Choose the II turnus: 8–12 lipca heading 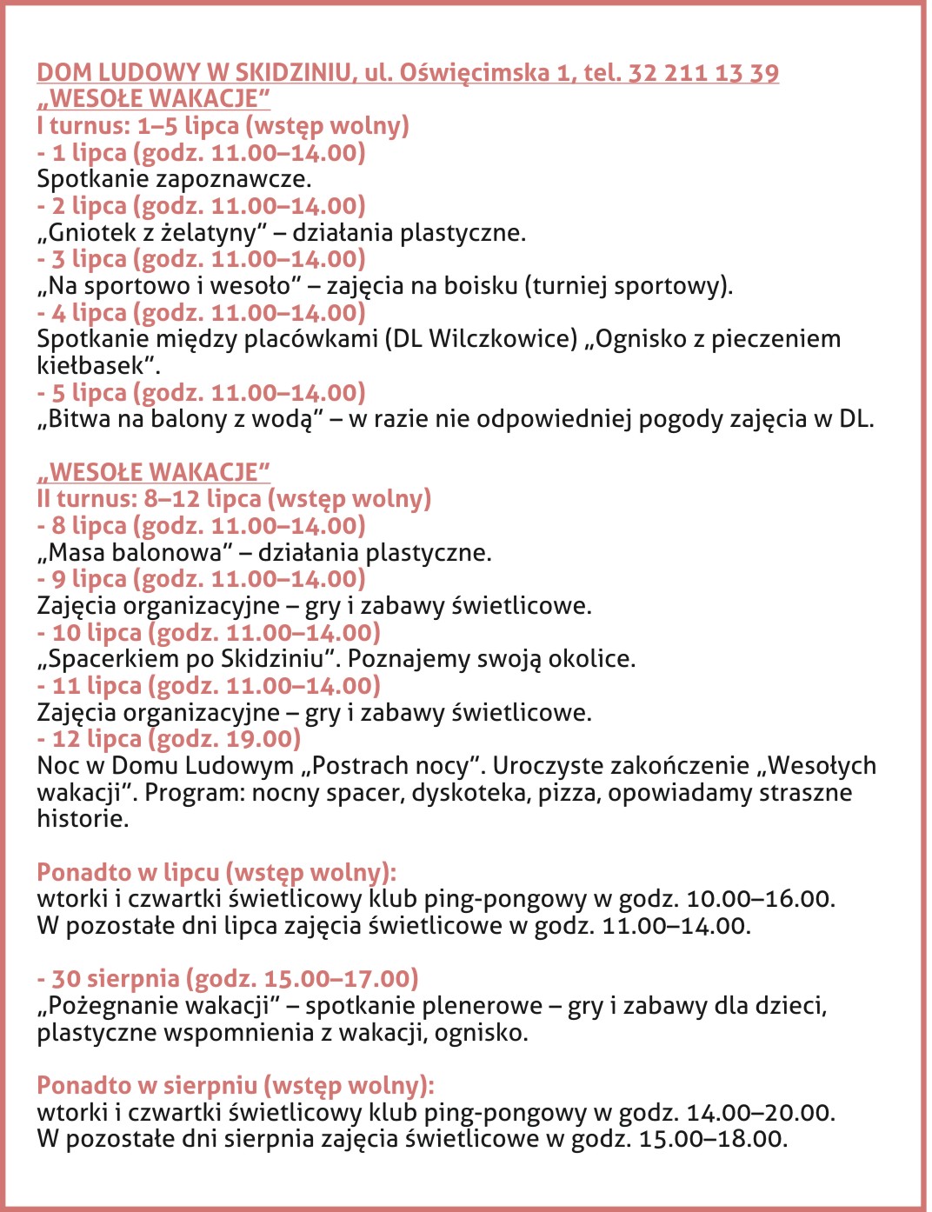click(234, 499)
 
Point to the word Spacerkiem click(113, 659)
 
